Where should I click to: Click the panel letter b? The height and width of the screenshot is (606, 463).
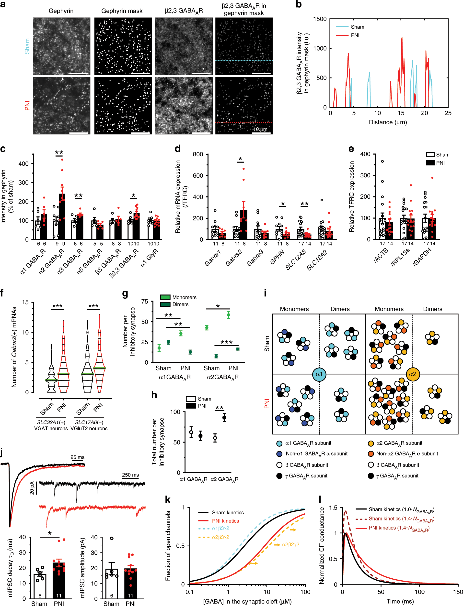(299, 4)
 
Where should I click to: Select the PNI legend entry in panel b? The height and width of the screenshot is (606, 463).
(355, 35)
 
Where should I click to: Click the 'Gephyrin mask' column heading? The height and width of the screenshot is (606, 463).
(122, 11)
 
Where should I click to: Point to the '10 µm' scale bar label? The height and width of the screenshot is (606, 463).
(260, 129)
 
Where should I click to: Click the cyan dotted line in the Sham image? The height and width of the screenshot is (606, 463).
(244, 61)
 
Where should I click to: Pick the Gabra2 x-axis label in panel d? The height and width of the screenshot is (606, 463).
(234, 258)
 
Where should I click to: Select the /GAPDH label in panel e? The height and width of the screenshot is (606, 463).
(422, 257)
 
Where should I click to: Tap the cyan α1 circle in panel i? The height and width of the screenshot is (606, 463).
(319, 374)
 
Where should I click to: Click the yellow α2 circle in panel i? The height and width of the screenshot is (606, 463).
(413, 374)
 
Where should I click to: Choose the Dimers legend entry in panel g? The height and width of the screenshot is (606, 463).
(180, 304)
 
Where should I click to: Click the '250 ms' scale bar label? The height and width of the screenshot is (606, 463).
(130, 475)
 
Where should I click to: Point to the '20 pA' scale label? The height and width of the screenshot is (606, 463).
(32, 488)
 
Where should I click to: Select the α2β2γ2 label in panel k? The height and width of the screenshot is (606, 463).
(290, 544)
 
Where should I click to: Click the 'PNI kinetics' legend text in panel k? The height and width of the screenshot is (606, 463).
(225, 521)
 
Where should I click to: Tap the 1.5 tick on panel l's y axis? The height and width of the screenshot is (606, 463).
(333, 508)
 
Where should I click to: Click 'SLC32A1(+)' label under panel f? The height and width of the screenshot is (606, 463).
(51, 422)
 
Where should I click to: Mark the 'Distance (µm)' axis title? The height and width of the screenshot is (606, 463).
(388, 122)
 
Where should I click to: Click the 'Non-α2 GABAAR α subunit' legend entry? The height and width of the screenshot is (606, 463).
(407, 454)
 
